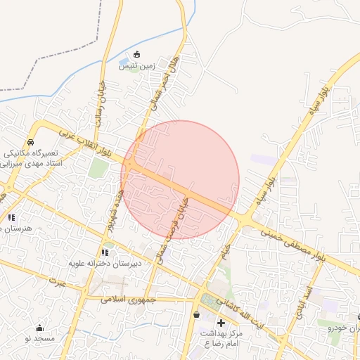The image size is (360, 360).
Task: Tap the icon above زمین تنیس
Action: click(136, 55)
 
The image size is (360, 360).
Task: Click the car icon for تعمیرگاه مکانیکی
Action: click(30, 141)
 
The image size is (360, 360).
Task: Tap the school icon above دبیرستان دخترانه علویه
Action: click(105, 252)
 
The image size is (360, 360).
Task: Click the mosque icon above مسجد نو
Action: click(39, 328)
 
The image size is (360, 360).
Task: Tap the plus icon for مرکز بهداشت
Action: click(221, 322)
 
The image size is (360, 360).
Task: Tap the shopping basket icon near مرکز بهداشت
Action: click(195, 315)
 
